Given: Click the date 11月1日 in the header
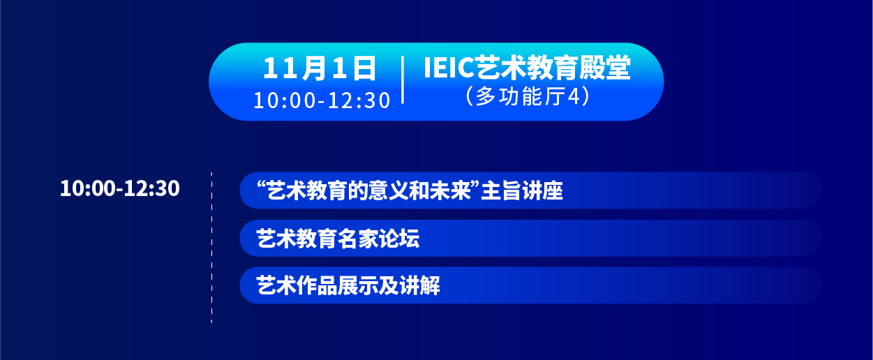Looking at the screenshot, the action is (x=320, y=68).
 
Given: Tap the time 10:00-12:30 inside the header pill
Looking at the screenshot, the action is (x=322, y=100).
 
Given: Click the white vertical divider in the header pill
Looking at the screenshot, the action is (x=403, y=80).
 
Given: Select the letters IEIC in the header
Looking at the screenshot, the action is (x=448, y=68).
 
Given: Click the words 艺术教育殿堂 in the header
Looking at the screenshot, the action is (x=552, y=68).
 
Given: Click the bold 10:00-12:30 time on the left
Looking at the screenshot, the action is (x=119, y=188).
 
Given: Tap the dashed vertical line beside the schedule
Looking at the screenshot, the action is (x=211, y=248).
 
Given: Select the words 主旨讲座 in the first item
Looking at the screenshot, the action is (x=522, y=191).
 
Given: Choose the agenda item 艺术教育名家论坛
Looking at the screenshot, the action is (x=338, y=239).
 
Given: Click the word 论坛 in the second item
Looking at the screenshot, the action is (x=399, y=239).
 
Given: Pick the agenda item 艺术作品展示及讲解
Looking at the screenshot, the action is (x=348, y=285).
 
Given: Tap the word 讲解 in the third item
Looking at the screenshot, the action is (x=419, y=285).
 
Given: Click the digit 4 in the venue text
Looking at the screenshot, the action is (x=574, y=96).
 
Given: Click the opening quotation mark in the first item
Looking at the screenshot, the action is (x=262, y=184).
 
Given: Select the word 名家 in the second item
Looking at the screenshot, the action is (x=358, y=239).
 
